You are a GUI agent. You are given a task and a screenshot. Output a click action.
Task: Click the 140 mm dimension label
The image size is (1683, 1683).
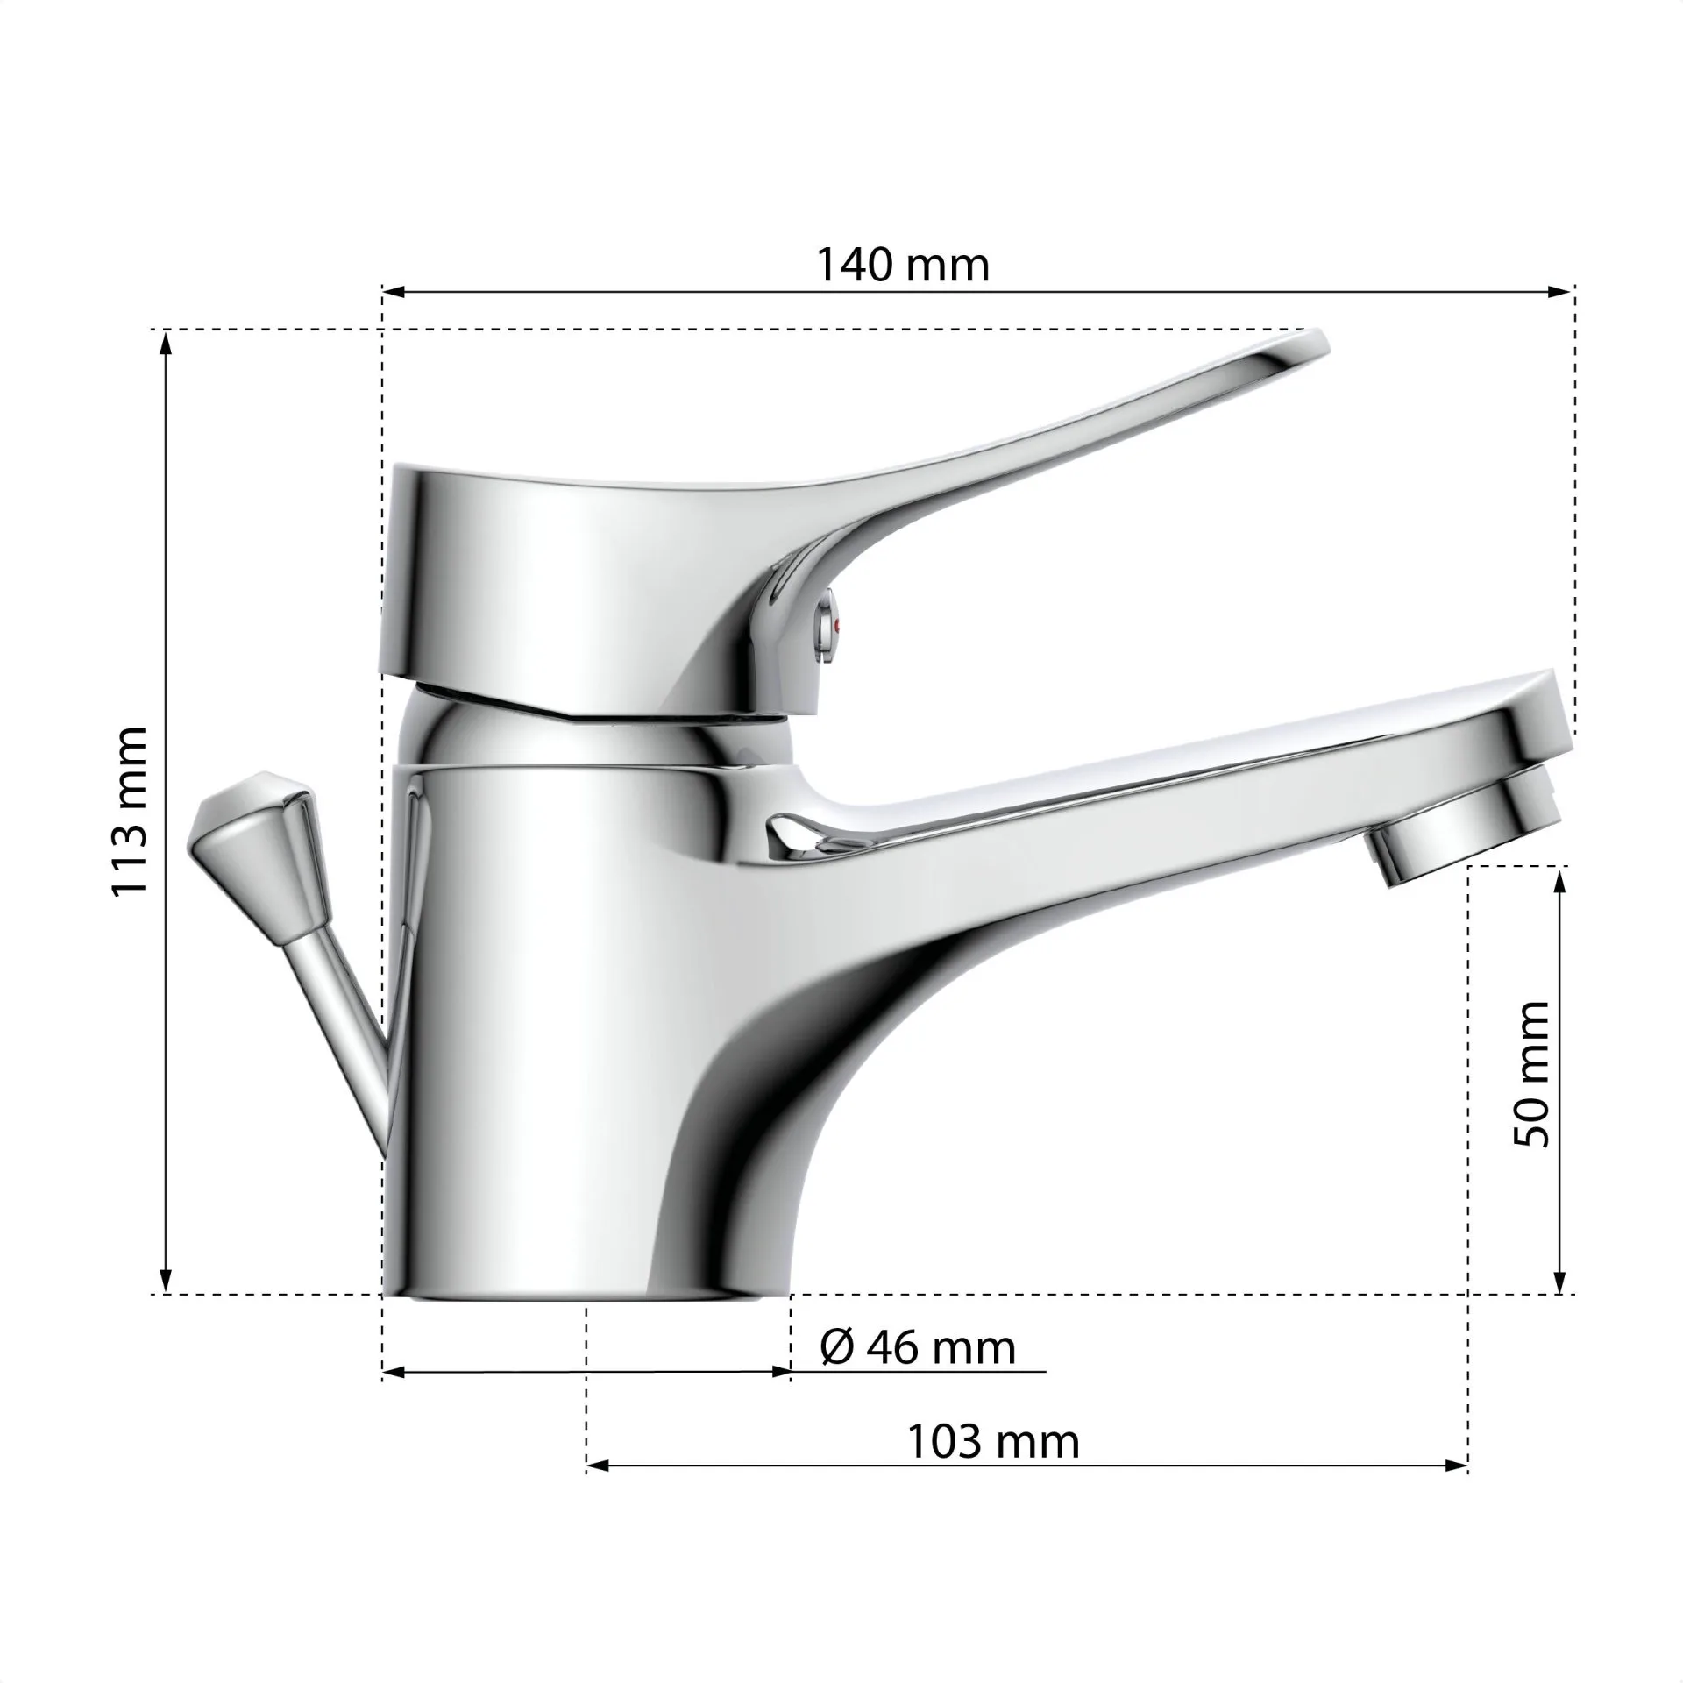pos(903,264)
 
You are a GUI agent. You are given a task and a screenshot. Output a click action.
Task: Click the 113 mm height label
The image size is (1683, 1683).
pos(131,811)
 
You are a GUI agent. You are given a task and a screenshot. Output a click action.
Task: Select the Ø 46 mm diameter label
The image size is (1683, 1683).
pos(918,1347)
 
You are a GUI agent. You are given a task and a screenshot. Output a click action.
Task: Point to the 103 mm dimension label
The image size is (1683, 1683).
pos(993,1441)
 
